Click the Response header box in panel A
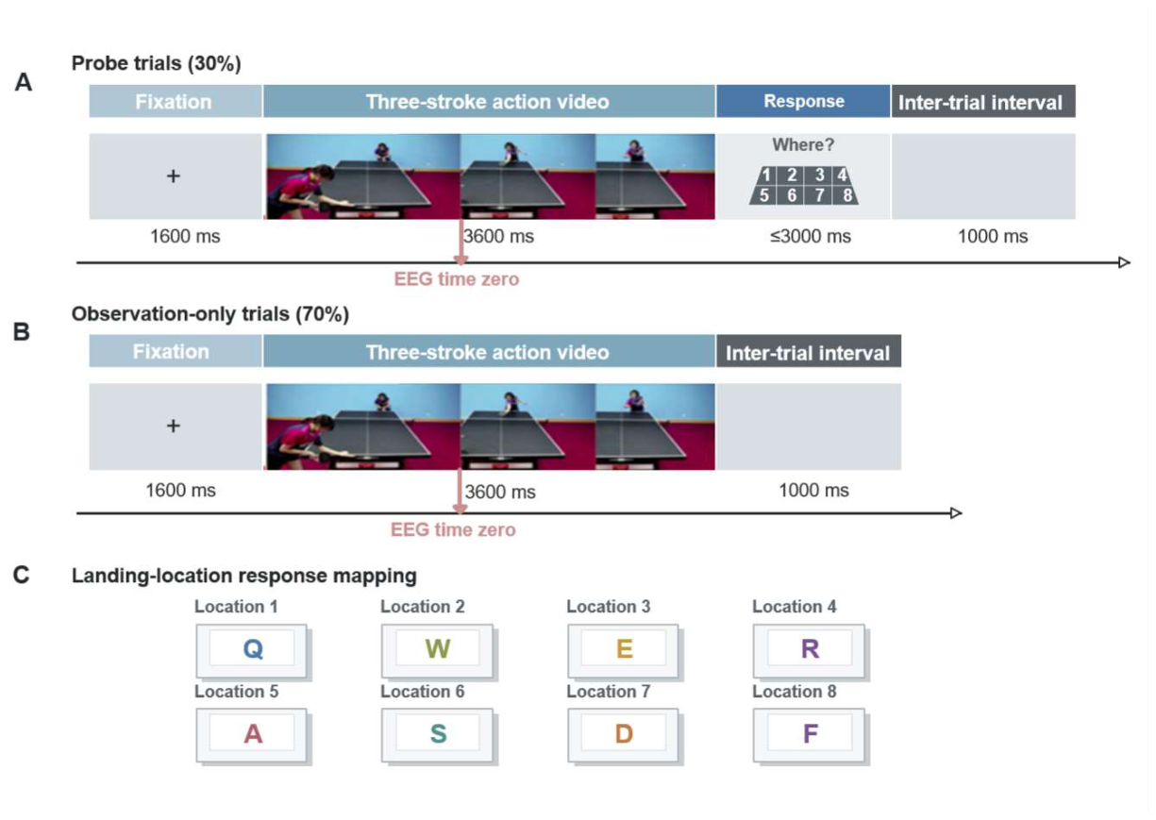(803, 101)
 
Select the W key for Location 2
(437, 651)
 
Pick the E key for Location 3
(624, 651)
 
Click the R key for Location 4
(810, 651)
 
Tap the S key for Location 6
(437, 735)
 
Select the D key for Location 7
(624, 735)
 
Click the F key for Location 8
(810, 735)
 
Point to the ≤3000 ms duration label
(811, 236)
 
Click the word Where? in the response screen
(803, 145)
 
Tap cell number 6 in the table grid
(791, 195)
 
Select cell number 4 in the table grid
(842, 175)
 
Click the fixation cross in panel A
(174, 176)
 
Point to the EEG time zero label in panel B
(453, 530)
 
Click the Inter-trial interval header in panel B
(808, 352)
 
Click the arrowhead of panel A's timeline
(1125, 262)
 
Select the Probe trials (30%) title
(156, 63)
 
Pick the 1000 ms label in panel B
(813, 491)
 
